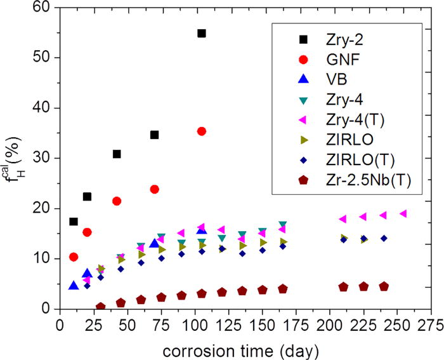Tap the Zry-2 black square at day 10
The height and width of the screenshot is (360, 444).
[x=74, y=222]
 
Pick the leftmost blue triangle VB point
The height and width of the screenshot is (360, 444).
[x=74, y=286]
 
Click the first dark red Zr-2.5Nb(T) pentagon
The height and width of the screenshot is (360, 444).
[x=100, y=307]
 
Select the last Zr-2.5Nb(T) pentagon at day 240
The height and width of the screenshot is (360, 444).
[x=384, y=286]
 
